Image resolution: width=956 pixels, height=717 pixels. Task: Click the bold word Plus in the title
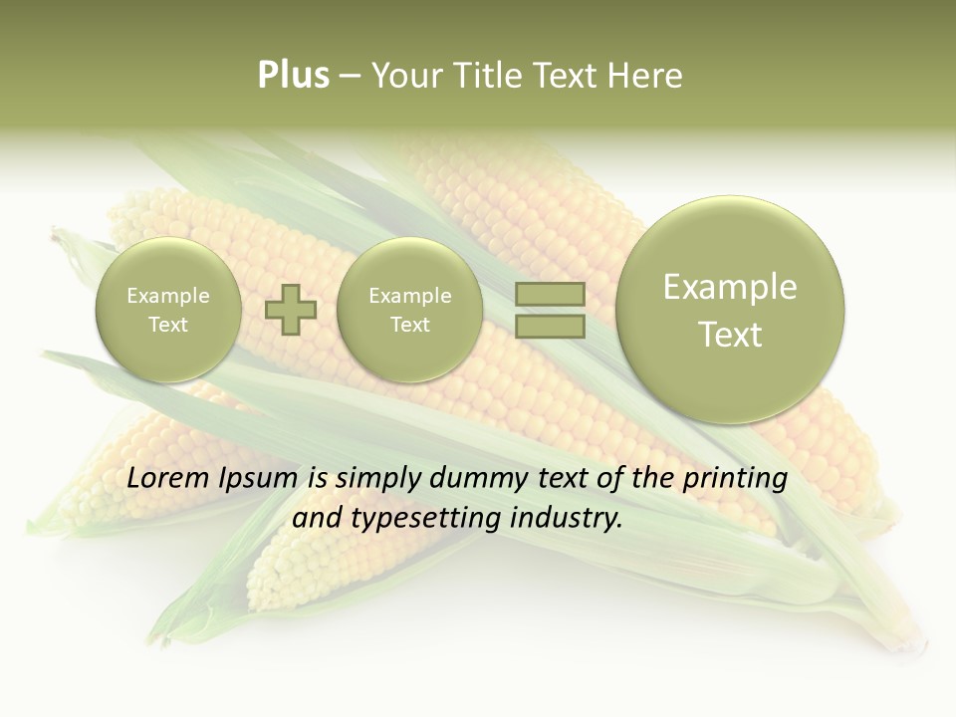(293, 76)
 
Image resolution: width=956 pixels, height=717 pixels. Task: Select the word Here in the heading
(646, 76)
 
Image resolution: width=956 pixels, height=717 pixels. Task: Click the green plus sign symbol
(291, 310)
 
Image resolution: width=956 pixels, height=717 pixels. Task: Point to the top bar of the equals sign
(549, 295)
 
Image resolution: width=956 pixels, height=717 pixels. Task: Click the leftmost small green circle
(168, 310)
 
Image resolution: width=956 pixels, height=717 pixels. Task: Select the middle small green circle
(409, 310)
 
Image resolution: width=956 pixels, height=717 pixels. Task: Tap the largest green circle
(730, 310)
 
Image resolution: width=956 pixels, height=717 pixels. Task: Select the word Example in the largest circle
(730, 287)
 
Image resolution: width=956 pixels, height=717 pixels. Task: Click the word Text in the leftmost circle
(168, 325)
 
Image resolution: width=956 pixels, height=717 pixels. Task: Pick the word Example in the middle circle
(409, 296)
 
